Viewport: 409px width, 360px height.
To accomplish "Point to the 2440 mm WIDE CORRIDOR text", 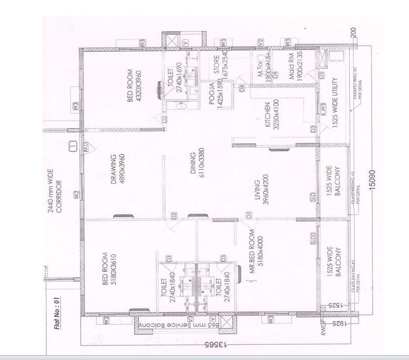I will point(55,198).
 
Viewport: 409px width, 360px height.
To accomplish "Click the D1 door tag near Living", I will point(249,214).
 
